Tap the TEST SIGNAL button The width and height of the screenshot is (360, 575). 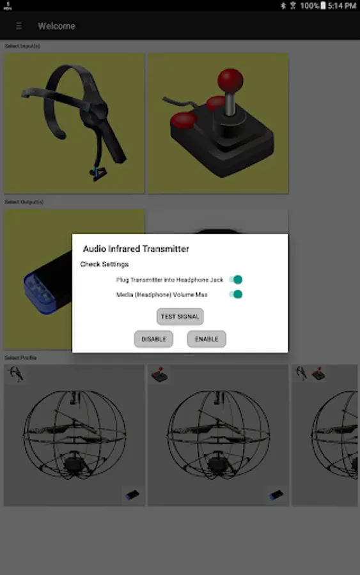click(x=180, y=316)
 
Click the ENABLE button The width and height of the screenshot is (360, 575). click(x=207, y=339)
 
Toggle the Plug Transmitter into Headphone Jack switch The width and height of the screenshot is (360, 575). click(x=235, y=280)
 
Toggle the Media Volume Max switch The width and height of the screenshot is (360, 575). click(x=235, y=295)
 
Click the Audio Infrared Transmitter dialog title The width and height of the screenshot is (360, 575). click(x=136, y=249)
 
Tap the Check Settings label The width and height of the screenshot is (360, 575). click(x=104, y=264)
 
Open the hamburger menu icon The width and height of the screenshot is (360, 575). click(x=19, y=26)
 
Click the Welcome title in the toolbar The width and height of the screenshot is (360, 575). click(x=56, y=26)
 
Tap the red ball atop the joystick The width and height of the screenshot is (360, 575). click(x=230, y=80)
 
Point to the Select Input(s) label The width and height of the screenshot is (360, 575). click(x=22, y=46)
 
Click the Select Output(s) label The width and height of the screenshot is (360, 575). click(x=24, y=202)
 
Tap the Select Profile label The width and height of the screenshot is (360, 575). click(x=20, y=358)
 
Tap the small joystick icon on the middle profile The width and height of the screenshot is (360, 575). click(x=160, y=374)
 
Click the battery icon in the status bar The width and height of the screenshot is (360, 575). click(x=323, y=6)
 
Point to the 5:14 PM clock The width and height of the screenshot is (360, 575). click(x=342, y=6)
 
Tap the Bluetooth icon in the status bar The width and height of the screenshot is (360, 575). click(x=283, y=6)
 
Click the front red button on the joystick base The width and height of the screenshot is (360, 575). click(x=184, y=120)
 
